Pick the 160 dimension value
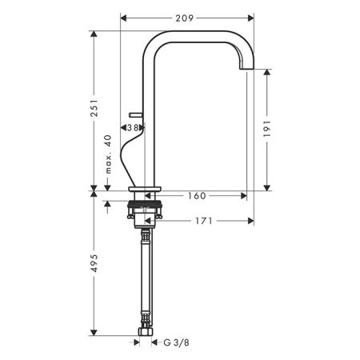coord(195,194)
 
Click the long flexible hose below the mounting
coord(146,280)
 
